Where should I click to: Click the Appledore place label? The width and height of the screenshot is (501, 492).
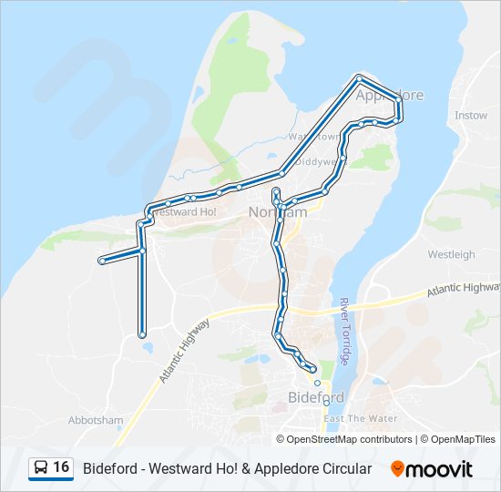click(390, 95)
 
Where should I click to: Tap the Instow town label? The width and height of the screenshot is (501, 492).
click(471, 116)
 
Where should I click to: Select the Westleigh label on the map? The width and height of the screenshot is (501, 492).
click(451, 255)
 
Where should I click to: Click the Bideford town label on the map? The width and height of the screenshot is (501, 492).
click(315, 398)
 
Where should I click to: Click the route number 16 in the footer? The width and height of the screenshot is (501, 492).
click(61, 467)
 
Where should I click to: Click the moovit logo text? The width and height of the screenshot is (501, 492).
click(440, 469)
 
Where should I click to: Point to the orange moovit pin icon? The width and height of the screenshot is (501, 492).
click(397, 468)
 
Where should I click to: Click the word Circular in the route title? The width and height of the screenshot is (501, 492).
click(344, 468)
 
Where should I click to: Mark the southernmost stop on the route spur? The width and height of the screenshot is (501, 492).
click(143, 334)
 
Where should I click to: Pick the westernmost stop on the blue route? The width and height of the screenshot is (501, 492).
click(101, 261)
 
